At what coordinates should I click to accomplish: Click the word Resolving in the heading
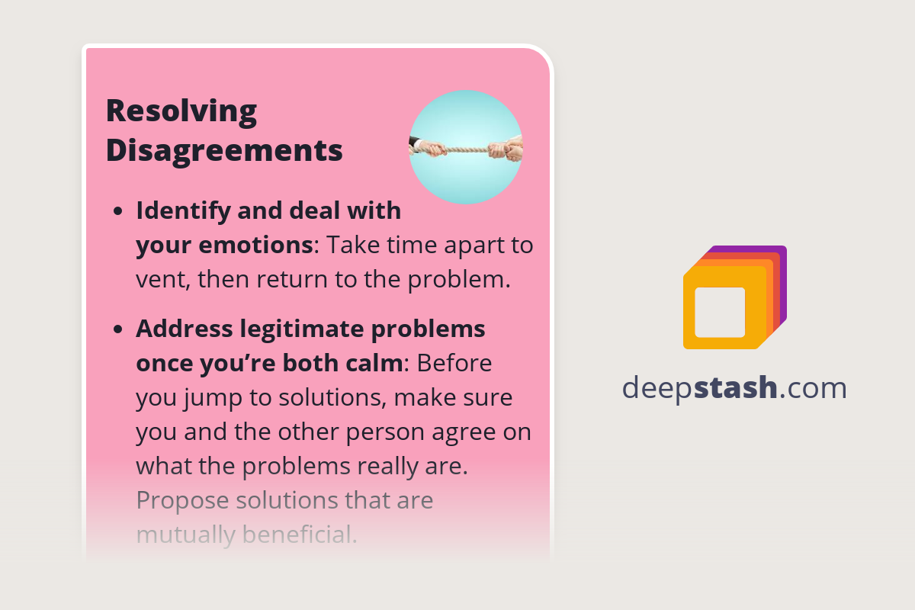click(181, 111)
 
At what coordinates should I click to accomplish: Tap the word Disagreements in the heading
click(224, 150)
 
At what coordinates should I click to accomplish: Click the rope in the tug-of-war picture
click(466, 149)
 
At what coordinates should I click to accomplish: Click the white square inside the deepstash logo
click(720, 312)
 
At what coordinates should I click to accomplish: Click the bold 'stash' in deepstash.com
click(737, 388)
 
